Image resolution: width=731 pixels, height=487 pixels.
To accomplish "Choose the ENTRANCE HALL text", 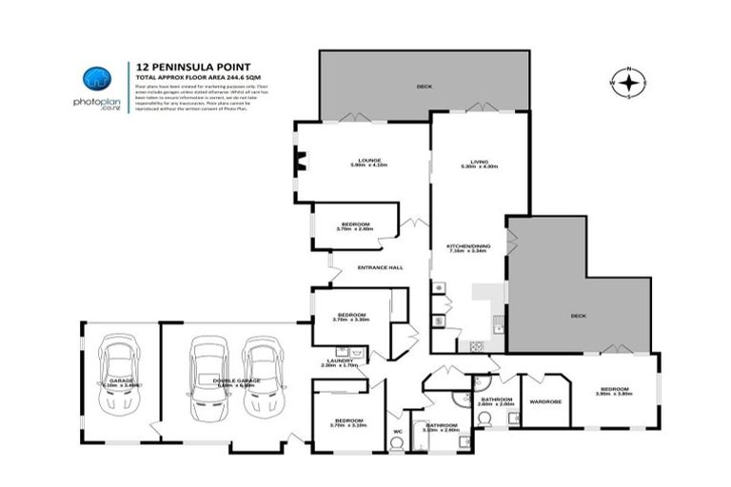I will [x=380, y=267].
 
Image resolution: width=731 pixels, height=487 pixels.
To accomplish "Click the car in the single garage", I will [x=120, y=376].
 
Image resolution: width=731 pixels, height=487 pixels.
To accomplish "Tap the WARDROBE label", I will [x=545, y=400].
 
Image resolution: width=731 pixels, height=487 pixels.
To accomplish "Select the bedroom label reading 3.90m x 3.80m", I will [x=614, y=390].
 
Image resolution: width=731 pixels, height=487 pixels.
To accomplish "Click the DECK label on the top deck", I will [x=424, y=88].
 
